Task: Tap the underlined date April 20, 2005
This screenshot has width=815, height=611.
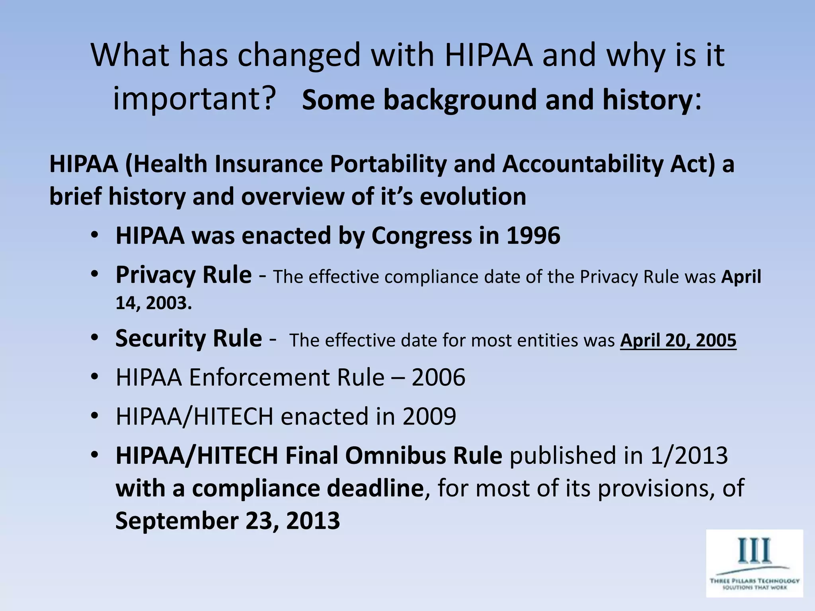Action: (678, 341)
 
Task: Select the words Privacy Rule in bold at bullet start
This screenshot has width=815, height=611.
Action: (183, 275)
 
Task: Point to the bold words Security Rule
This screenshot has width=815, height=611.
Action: (189, 339)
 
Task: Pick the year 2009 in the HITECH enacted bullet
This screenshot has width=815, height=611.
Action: (429, 416)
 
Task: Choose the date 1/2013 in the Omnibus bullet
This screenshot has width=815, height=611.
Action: (689, 455)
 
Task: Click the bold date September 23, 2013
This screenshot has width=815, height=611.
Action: (228, 521)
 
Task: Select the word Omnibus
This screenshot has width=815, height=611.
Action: (402, 455)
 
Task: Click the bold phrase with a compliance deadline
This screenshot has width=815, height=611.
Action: (270, 488)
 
